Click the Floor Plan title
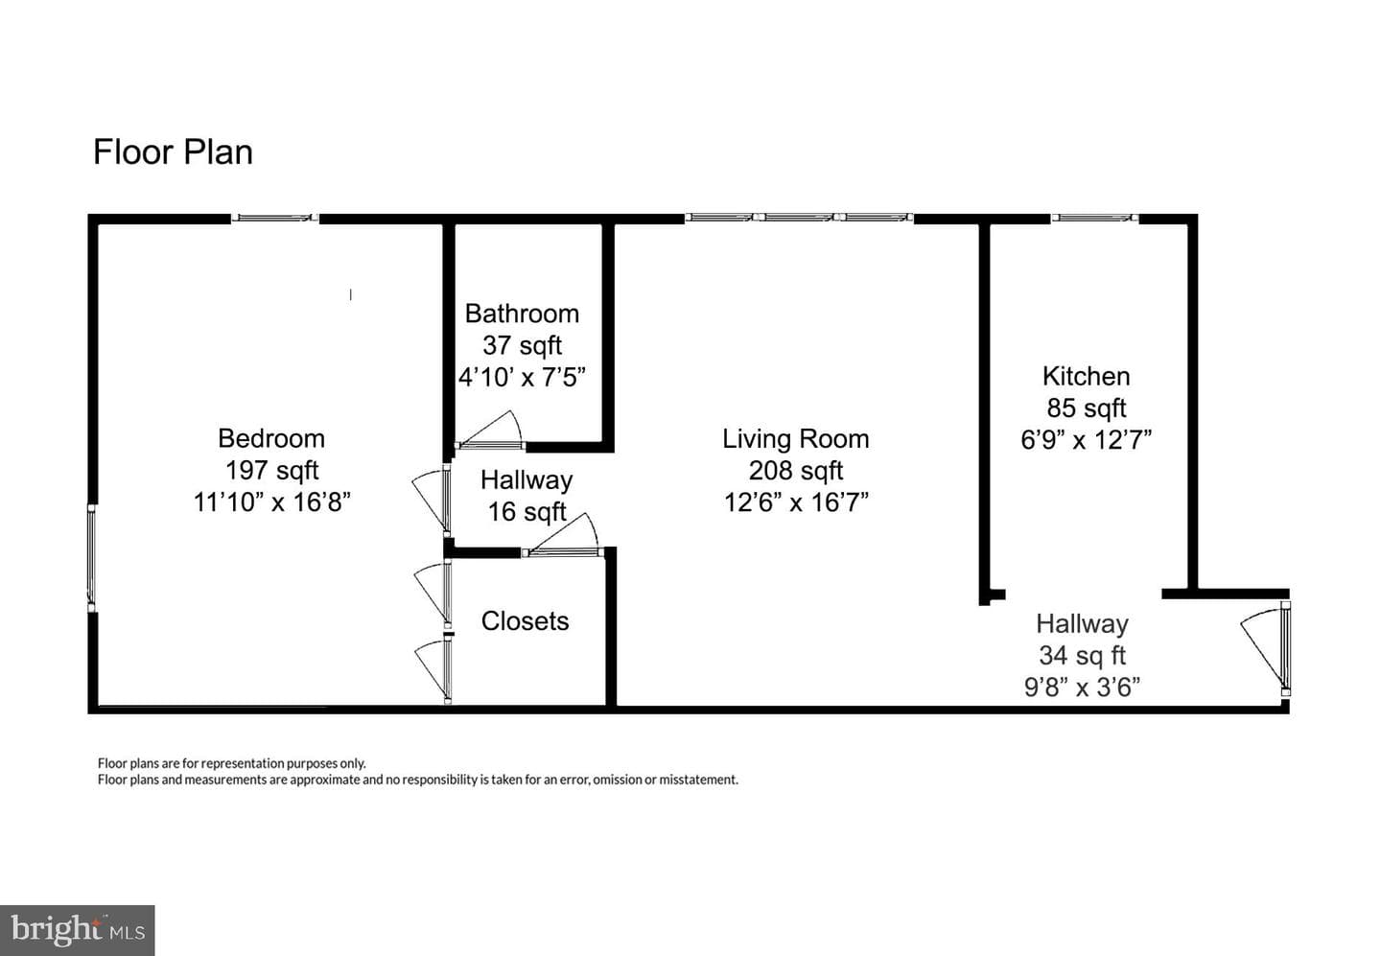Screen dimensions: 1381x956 point(173,152)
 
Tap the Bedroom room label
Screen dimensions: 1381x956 point(271,438)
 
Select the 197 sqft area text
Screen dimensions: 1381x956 point(272,470)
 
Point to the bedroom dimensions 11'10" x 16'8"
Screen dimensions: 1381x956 point(272,501)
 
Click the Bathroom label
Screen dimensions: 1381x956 point(522,314)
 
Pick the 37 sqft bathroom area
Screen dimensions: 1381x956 point(522,345)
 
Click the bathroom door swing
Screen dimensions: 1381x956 point(490,429)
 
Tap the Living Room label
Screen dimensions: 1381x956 point(796,439)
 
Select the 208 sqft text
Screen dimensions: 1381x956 point(796,470)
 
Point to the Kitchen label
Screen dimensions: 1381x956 point(1087,376)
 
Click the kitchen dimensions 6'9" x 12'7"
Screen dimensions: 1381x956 point(1087,439)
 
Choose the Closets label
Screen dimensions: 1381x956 point(526,620)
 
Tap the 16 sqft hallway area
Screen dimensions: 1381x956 point(527,512)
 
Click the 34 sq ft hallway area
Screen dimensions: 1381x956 point(1083,655)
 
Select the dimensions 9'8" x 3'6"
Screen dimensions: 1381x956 point(1083,687)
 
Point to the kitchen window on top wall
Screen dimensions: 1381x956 point(1095,218)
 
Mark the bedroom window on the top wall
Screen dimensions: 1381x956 point(275,218)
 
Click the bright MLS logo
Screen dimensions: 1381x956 point(77,931)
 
